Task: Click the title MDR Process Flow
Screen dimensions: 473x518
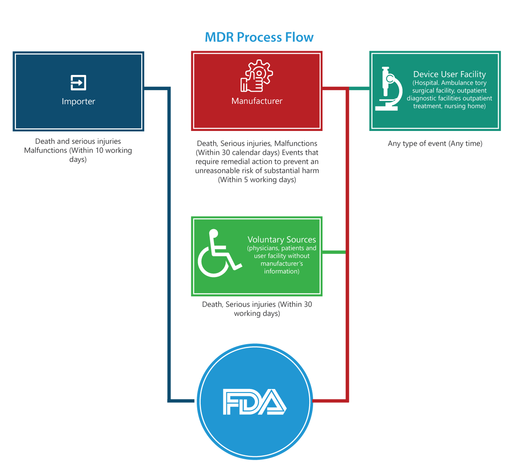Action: pyautogui.click(x=259, y=37)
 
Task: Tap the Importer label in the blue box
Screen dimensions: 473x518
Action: pyautogui.click(x=78, y=102)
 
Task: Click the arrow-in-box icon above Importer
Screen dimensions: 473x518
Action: pyautogui.click(x=78, y=82)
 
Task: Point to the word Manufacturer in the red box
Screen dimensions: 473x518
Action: pyautogui.click(x=257, y=101)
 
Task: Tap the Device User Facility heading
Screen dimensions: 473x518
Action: pyautogui.click(x=450, y=75)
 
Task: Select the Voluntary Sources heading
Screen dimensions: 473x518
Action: pyautogui.click(x=282, y=240)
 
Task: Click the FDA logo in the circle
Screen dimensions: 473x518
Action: pyautogui.click(x=254, y=402)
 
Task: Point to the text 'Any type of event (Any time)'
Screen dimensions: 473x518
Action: pyautogui.click(x=435, y=143)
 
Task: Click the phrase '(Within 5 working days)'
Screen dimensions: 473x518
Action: pyautogui.click(x=257, y=180)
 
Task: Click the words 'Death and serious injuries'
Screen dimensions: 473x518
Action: pyautogui.click(x=78, y=141)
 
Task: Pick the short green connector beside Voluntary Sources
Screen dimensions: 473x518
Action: pyautogui.click(x=334, y=252)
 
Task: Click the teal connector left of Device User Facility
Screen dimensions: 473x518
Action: pyautogui.click(x=359, y=88)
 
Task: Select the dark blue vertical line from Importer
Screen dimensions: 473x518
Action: pyautogui.click(x=169, y=241)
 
